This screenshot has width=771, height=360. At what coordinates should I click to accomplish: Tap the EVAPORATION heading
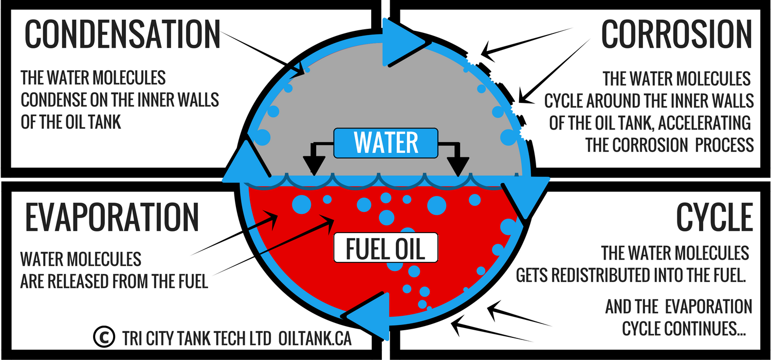pyautogui.click(x=112, y=217)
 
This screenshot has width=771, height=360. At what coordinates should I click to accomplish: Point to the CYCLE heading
pyautogui.click(x=715, y=217)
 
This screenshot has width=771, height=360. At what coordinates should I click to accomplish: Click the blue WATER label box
pyautogui.click(x=386, y=142)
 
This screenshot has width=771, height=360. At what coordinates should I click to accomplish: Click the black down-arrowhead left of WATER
pyautogui.click(x=314, y=165)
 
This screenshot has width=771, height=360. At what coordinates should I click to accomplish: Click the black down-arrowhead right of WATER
pyautogui.click(x=457, y=165)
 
